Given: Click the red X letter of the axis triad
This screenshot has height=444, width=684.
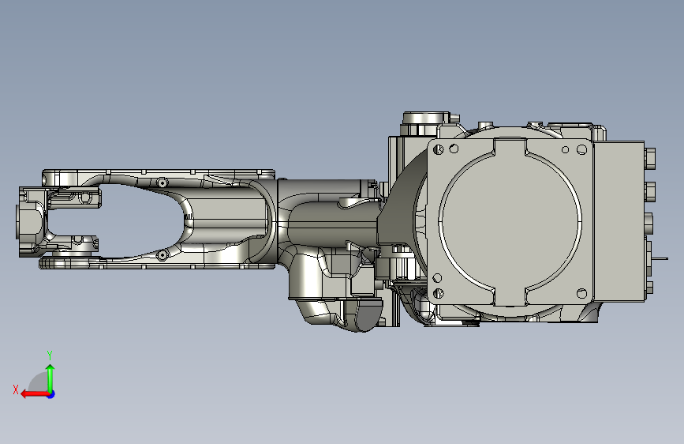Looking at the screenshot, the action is [x=16, y=389].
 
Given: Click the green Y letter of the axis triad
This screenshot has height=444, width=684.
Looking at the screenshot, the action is [x=50, y=356].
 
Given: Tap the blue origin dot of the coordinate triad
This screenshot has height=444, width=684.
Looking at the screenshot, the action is [x=51, y=394].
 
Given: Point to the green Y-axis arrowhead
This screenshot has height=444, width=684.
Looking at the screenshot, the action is [x=50, y=368].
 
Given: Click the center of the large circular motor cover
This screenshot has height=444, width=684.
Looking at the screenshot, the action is [x=510, y=222].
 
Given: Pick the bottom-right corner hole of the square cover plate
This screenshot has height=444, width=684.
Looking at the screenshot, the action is [x=581, y=293].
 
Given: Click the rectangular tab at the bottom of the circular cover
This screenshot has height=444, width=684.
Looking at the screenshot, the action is [x=510, y=296].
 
